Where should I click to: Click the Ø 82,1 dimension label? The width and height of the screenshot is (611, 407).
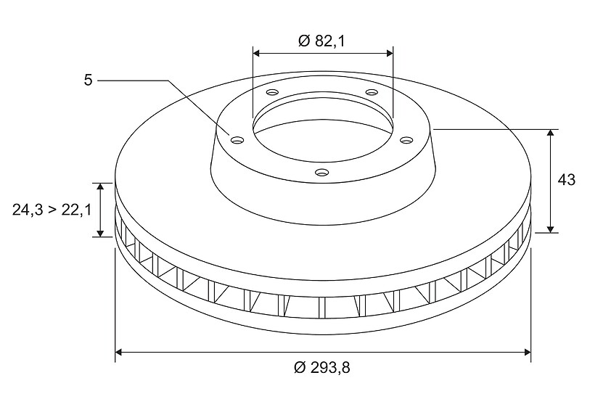tap(321, 41)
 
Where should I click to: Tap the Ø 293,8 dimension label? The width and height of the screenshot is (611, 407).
tap(322, 367)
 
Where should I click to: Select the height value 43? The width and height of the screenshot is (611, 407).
tap(566, 180)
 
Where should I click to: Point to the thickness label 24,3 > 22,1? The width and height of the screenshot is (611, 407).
tap(52, 210)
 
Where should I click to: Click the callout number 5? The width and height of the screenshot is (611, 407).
tap(88, 81)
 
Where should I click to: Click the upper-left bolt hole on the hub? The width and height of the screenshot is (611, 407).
tap(272, 93)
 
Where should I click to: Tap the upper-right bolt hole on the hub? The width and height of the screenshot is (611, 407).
tap(372, 93)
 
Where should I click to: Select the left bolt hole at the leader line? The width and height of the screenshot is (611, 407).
tap(237, 140)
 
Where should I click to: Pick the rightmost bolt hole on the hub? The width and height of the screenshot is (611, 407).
tap(406, 140)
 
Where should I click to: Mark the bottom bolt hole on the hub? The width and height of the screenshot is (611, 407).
tap(322, 172)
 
